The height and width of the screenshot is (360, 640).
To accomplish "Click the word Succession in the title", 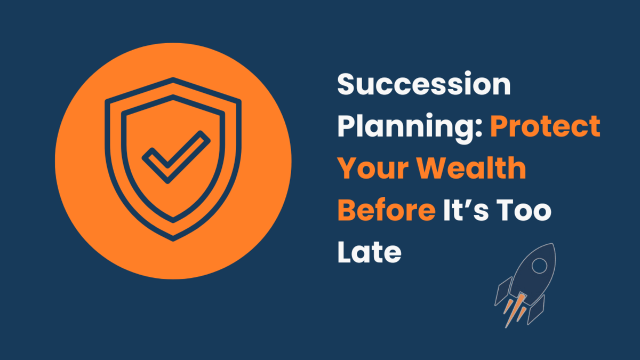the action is point(424,84).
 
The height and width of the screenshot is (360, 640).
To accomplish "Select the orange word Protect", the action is point(546,126).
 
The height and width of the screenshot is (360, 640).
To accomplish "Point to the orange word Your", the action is point(373,169).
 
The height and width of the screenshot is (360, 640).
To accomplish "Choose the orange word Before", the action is point(387,210).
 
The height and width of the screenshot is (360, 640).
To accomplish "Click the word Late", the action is point(370,252).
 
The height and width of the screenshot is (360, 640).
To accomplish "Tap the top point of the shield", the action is point(173,77).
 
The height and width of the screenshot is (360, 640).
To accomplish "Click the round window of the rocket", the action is point(539,266).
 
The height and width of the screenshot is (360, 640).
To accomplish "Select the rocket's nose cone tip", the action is point(554,244).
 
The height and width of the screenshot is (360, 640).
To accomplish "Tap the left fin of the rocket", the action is point(503,291).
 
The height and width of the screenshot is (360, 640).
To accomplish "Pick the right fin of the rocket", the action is point(536,310).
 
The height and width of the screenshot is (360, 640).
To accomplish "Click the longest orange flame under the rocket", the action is point(515,311).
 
